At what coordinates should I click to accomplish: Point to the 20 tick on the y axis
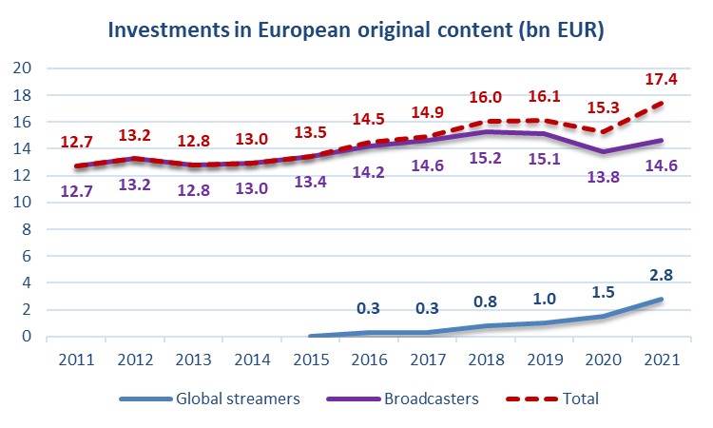point(23,68)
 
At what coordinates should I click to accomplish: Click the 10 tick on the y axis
point(23,203)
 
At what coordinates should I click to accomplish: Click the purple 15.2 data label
point(487,184)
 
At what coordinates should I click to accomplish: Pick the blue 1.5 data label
point(603,295)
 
